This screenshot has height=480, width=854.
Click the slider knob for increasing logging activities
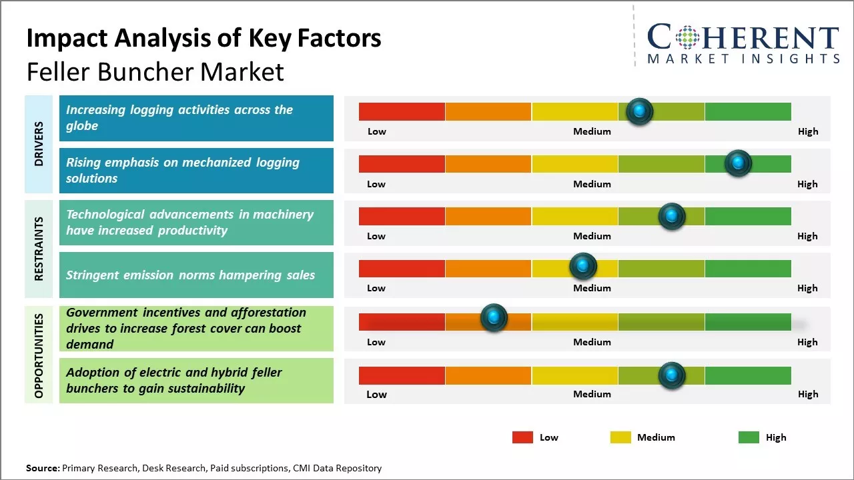click(x=640, y=111)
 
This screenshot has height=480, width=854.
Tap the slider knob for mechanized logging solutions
click(x=738, y=163)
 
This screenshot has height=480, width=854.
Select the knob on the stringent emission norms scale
click(x=583, y=266)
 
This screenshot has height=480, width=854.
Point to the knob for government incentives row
click(x=494, y=318)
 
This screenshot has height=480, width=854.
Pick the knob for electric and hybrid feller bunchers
click(x=672, y=375)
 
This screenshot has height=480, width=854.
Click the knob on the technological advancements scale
click(x=672, y=216)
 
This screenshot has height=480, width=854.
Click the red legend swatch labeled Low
click(x=522, y=437)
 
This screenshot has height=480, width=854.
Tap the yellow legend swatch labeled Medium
click(x=620, y=437)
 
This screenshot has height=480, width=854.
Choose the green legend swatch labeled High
click(x=749, y=437)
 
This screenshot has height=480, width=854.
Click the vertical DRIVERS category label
click(x=39, y=143)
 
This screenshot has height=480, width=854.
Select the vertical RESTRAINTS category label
click(x=39, y=248)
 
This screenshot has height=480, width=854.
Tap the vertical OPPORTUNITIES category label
click(x=39, y=355)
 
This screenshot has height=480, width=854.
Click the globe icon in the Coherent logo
click(x=687, y=37)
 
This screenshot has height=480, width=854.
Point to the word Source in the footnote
click(x=42, y=468)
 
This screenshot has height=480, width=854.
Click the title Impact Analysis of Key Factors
click(x=203, y=38)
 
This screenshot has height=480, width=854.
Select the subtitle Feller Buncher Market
click(x=155, y=71)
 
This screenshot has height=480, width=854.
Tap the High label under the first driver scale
click(x=807, y=131)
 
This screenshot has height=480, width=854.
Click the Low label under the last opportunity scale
click(x=376, y=394)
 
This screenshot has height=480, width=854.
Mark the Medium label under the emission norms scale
click(x=592, y=288)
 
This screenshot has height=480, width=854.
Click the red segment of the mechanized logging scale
click(x=402, y=163)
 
